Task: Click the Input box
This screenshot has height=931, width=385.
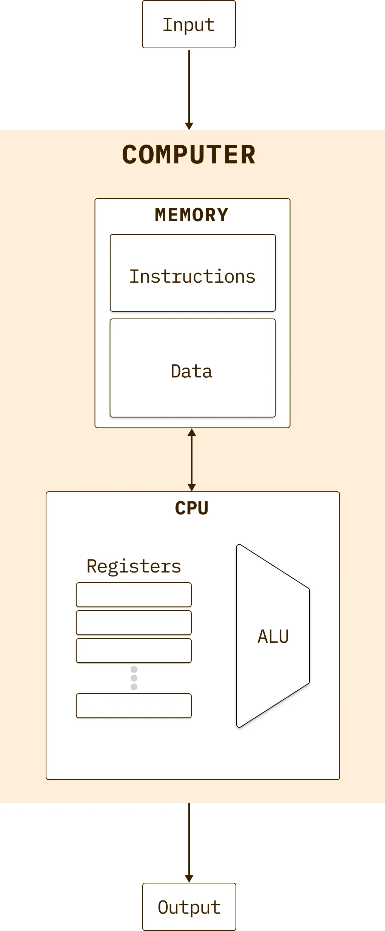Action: point(189,24)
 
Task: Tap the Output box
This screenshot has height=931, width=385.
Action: point(189,906)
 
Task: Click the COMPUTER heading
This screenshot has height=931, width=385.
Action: point(189,155)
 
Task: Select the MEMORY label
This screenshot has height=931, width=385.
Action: point(192,215)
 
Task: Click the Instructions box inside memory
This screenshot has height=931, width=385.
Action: point(192,273)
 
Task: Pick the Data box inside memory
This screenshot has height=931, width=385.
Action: point(192,368)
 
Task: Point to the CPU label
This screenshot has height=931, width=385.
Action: point(192,508)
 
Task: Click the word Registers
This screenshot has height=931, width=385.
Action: point(134,566)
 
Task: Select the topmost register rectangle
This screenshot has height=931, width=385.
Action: point(134,595)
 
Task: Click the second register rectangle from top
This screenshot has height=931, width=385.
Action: point(134,623)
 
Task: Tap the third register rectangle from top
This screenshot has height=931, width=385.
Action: point(134,651)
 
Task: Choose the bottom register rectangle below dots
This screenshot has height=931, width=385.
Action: point(134,706)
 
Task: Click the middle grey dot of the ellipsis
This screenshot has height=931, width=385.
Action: point(134,678)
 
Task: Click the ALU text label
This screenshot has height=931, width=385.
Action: point(273,636)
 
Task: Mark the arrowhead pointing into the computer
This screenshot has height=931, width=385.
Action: point(189,126)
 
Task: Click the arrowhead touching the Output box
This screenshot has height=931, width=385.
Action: point(189,879)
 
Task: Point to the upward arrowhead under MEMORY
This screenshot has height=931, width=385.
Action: point(192,432)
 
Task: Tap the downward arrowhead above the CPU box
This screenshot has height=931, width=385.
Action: point(192,487)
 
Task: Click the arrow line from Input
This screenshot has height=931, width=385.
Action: point(189,87)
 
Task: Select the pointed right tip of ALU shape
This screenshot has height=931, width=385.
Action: point(309,636)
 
